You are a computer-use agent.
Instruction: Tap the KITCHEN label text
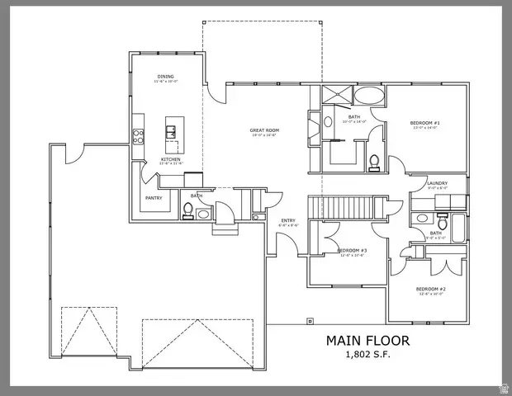point(170,158)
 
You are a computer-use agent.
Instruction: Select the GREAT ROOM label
point(264,130)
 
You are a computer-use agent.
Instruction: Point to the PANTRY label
point(154,197)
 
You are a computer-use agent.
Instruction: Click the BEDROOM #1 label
point(424,124)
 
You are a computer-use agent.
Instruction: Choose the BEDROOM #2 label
point(431,289)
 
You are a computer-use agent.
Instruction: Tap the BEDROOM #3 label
point(352,250)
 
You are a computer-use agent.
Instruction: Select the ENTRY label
point(288,220)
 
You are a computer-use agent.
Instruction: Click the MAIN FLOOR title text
point(367,340)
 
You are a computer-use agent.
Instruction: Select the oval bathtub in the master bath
point(368,97)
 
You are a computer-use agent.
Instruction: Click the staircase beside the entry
point(339,206)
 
